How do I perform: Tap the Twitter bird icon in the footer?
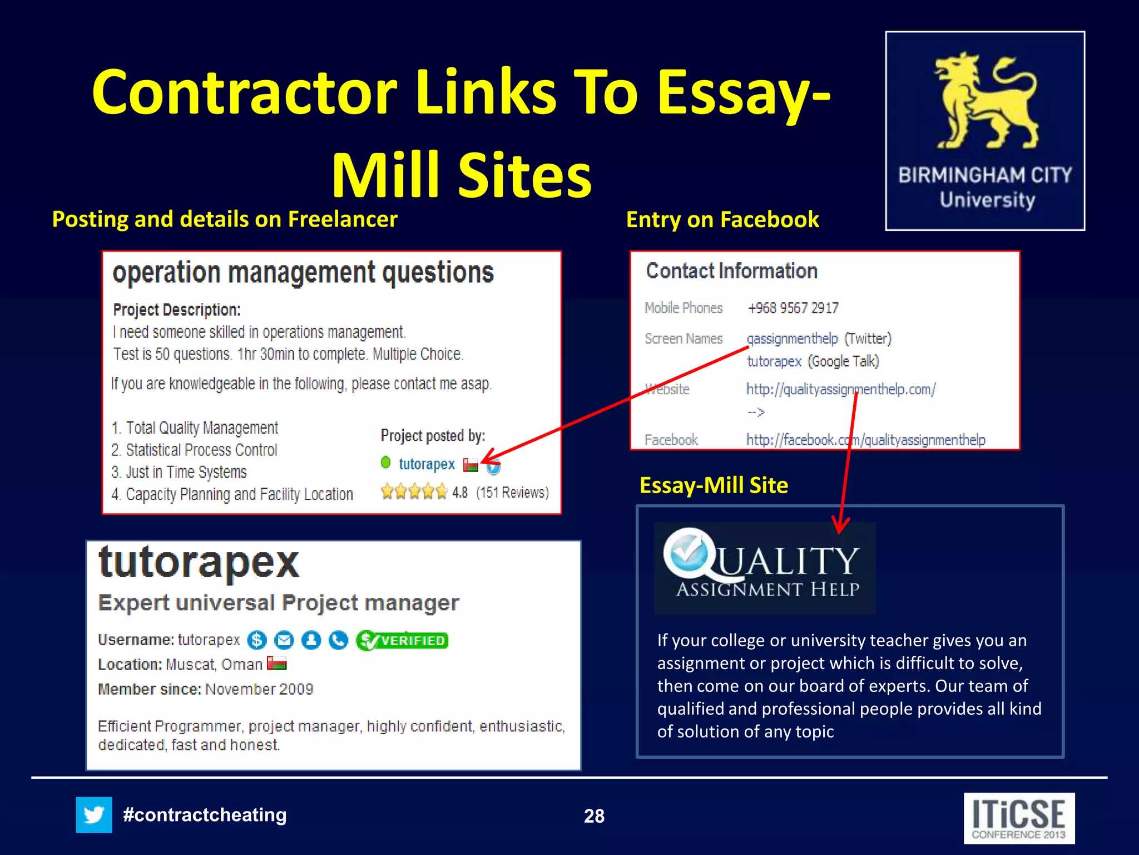(x=94, y=815)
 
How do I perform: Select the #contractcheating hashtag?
(x=205, y=815)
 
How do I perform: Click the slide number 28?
(x=594, y=816)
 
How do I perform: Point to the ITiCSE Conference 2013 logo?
(x=1019, y=818)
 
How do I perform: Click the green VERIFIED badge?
(x=403, y=641)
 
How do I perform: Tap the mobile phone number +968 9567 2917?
(x=793, y=308)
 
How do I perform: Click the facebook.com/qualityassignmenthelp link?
(x=865, y=440)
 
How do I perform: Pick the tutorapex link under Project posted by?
(x=427, y=464)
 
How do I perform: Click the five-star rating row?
(x=414, y=492)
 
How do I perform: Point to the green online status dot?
(x=385, y=462)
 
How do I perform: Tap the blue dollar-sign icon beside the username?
(x=257, y=641)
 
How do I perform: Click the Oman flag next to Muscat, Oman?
(x=277, y=664)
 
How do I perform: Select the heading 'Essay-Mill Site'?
(x=714, y=485)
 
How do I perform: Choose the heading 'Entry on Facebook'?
(x=722, y=220)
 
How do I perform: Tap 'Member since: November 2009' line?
(x=206, y=689)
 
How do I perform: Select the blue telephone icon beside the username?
(x=338, y=641)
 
